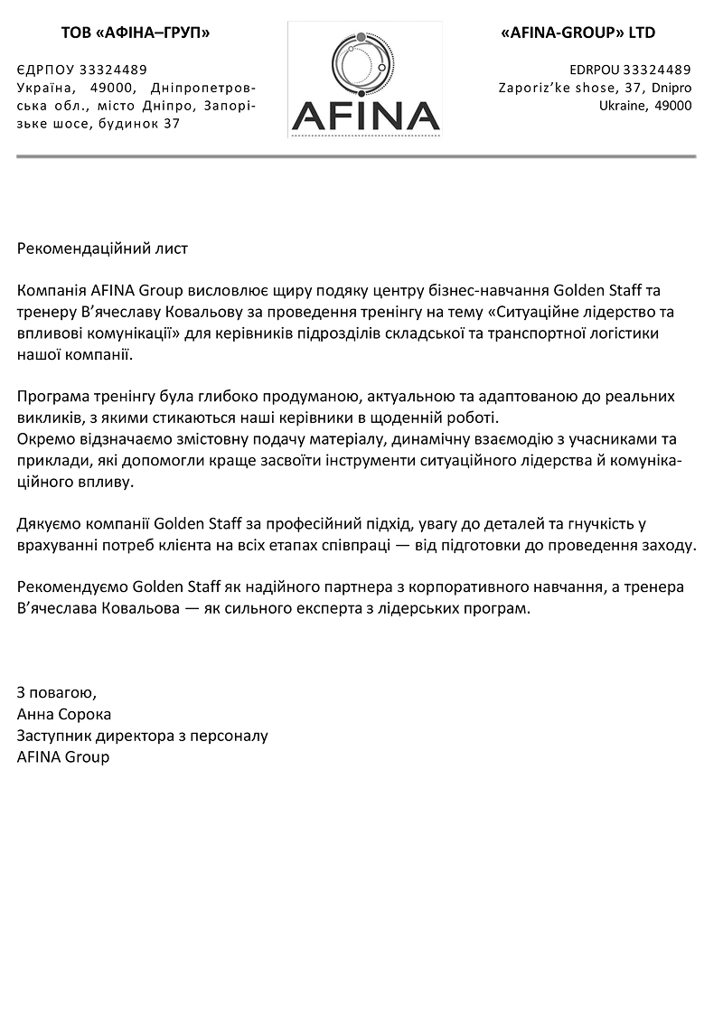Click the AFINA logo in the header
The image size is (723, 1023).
coord(365,80)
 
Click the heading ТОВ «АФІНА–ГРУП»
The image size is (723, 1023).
coord(136,33)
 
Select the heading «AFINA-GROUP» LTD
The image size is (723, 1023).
coord(577,33)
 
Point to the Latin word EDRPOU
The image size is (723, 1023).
coord(594,70)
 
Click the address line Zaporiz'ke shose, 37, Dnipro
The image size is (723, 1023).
coord(595,88)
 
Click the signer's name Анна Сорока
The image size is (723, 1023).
coord(64,714)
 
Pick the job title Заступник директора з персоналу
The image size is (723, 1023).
coord(143,736)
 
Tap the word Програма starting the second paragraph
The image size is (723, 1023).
coord(53,397)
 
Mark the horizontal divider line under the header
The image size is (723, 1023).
coord(356,157)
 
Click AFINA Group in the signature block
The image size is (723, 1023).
coord(63,756)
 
